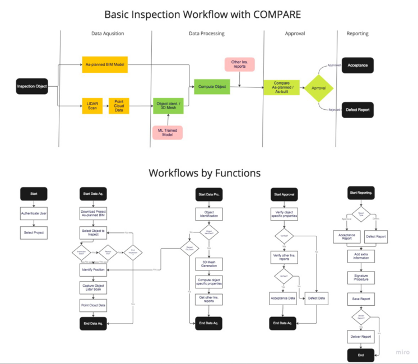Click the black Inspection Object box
coord(32,86)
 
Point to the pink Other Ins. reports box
coord(240,64)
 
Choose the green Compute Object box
coord(212,86)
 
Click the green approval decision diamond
coord(318,88)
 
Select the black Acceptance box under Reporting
coord(357,65)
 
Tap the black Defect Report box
coord(357,110)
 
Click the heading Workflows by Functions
coord(205,173)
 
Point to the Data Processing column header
coord(206,34)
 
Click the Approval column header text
coord(295,34)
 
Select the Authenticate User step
coord(34,213)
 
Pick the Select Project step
coord(34,232)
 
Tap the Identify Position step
coord(93,269)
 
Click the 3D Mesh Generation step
coord(209,264)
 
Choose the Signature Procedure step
coord(361,277)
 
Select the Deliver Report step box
coord(361,337)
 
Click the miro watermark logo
coord(403,353)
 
